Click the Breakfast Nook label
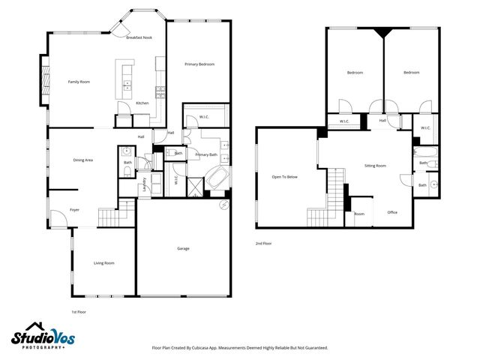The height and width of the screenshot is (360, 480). (x=139, y=37)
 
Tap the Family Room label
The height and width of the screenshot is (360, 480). (x=79, y=81)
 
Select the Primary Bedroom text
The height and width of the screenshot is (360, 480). (x=199, y=64)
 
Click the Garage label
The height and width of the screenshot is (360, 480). (x=183, y=248)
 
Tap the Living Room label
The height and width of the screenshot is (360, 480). (x=103, y=262)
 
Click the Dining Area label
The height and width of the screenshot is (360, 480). (x=82, y=160)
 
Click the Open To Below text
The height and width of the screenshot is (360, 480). (x=284, y=177)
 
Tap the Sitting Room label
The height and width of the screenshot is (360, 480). (x=375, y=165)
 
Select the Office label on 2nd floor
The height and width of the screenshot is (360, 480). (x=391, y=213)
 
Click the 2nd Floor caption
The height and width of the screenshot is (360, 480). (x=262, y=244)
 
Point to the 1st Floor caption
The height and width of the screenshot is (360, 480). (x=79, y=310)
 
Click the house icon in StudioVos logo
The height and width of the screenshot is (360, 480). (x=27, y=335)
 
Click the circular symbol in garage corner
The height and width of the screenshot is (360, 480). (x=223, y=205)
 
